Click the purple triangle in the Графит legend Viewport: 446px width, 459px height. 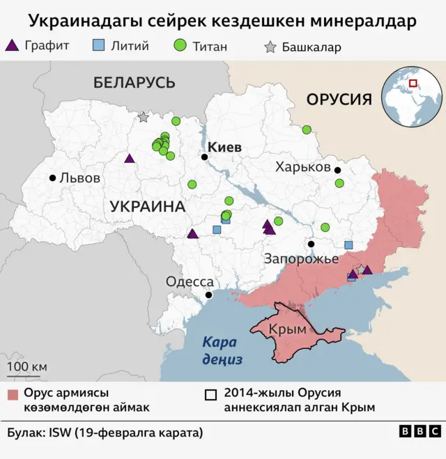coord(12,46)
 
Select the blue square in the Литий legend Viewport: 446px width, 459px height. coord(98,46)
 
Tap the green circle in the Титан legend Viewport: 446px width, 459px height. coord(180,46)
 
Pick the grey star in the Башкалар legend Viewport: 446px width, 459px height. coord(270,47)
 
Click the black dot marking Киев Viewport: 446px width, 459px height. coord(204,157)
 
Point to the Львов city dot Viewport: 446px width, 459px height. coord(52,178)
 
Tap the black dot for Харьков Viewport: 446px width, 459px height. coord(337,170)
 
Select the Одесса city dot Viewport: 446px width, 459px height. coord(208,295)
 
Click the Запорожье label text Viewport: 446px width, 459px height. coord(301,259)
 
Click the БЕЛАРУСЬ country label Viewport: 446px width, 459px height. coord(134,83)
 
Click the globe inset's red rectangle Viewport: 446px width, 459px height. coord(413,84)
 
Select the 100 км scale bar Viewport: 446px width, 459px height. coord(27,374)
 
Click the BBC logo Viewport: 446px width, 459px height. coord(420,432)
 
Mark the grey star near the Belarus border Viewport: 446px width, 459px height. coord(143,118)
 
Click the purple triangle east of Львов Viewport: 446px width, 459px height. coord(129,158)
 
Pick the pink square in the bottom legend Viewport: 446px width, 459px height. coord(13,395)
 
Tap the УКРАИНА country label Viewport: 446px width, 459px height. coord(147,207)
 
